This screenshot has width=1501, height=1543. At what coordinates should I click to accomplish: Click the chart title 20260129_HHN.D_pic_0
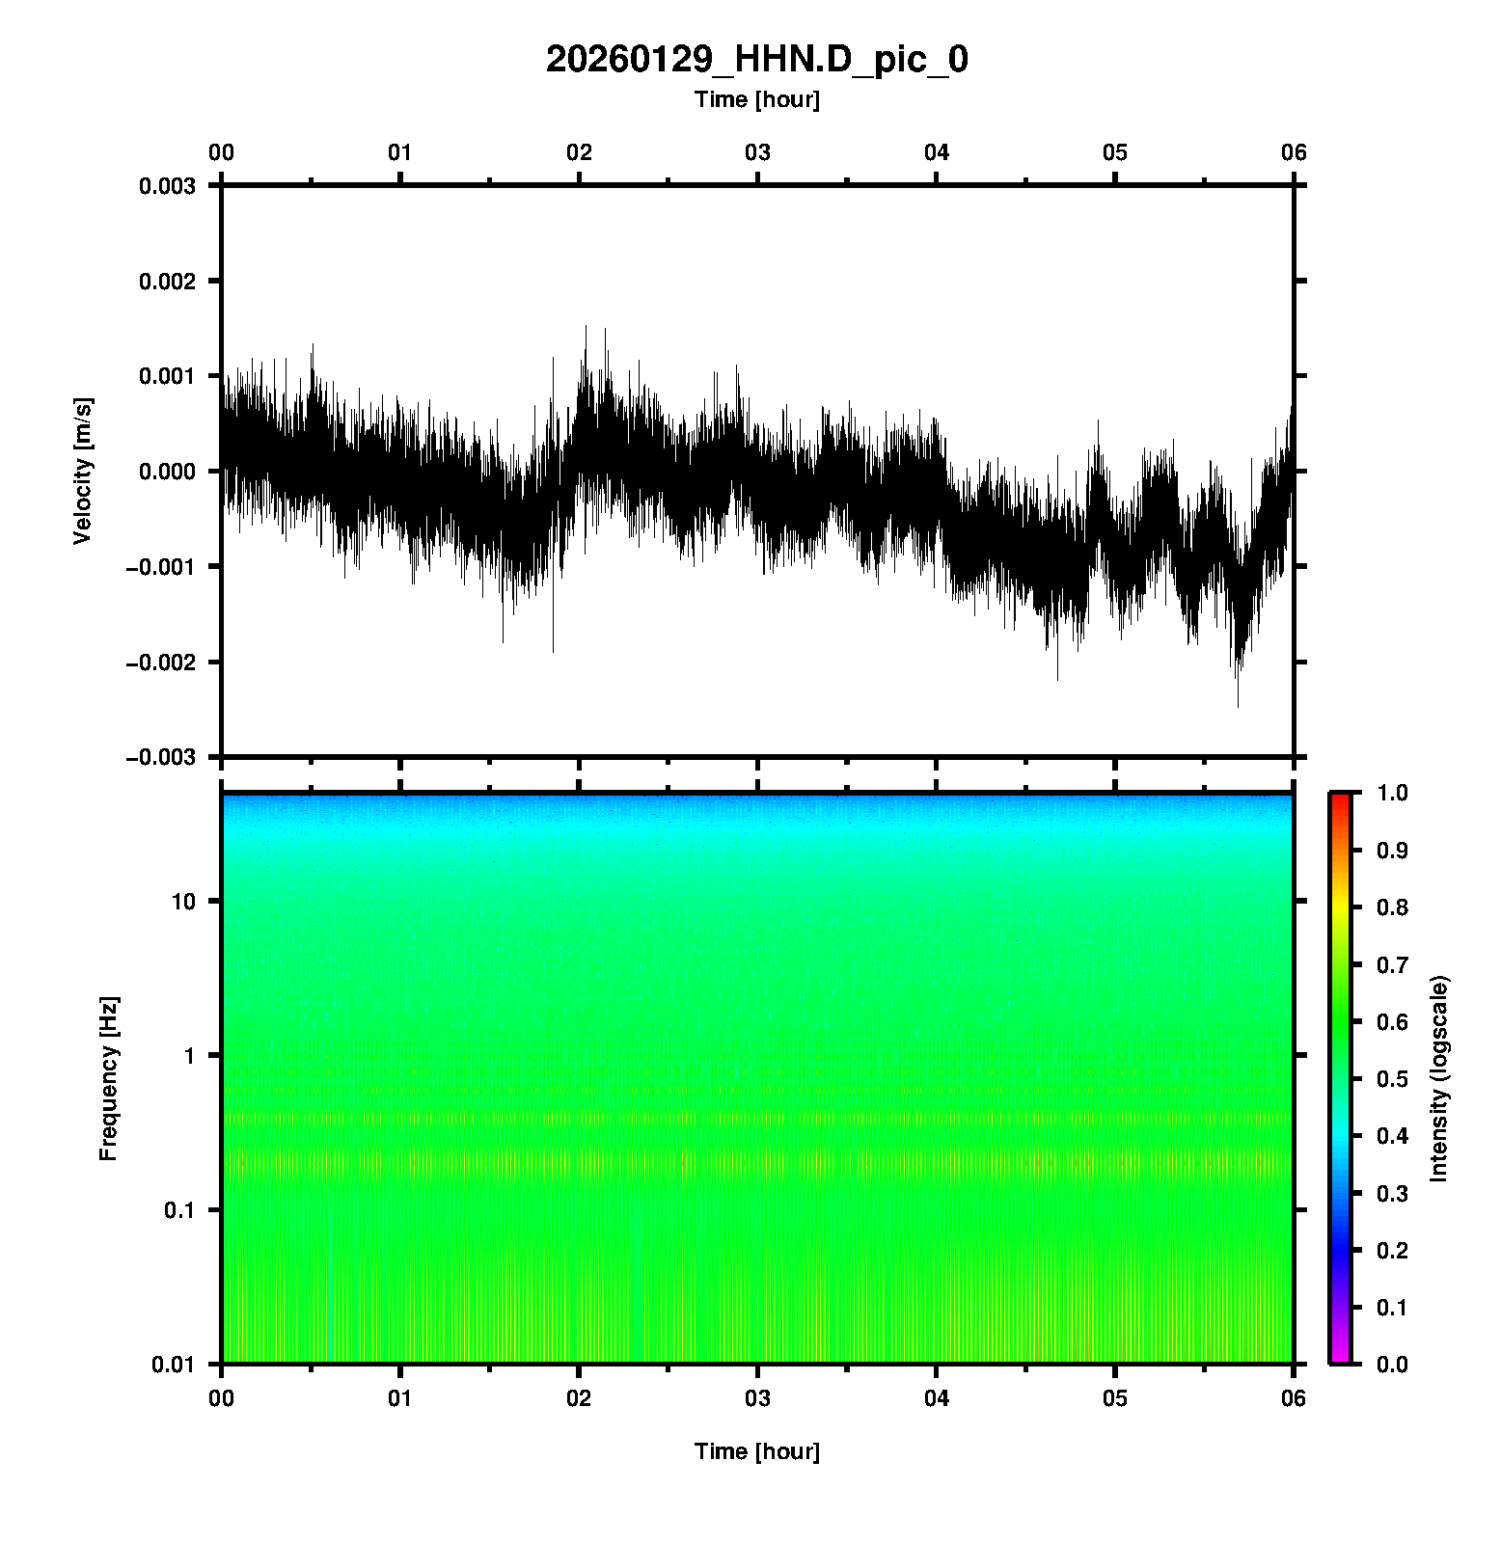coord(756,60)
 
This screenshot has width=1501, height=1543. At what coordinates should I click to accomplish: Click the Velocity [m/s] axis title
coord(83,471)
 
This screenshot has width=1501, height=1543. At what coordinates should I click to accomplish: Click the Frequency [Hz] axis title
coord(108,1078)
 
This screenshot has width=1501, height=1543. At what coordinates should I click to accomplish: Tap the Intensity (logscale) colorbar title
coord(1439,1078)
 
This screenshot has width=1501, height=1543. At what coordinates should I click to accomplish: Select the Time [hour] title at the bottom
coord(756,1451)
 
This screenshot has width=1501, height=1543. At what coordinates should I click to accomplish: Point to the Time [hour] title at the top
coord(756,99)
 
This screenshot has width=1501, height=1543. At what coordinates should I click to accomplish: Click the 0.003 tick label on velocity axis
coord(167,186)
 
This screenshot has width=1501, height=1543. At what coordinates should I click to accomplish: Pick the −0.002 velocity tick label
coord(161,662)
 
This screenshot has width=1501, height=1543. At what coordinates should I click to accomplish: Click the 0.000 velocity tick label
coord(167,472)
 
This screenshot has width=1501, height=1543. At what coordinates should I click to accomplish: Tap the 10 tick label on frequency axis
coord(183,902)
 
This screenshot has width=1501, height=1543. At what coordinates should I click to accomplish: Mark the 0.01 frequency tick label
coord(174,1364)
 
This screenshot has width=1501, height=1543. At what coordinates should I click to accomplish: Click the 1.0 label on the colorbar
coord(1394,793)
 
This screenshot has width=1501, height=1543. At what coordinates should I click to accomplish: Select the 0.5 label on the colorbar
coord(1394,1078)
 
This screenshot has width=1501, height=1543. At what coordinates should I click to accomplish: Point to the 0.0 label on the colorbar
coord(1394,1364)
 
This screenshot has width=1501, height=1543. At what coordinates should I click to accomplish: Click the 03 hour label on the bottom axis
coord(757,1398)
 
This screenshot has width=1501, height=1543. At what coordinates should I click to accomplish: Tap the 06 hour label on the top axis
coord(1293,152)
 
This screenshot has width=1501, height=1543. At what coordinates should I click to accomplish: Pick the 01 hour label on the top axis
coord(399,152)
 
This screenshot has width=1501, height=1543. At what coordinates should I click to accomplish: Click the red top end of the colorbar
coord(1339,798)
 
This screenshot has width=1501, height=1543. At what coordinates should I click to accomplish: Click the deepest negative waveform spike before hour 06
coord(1238,705)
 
